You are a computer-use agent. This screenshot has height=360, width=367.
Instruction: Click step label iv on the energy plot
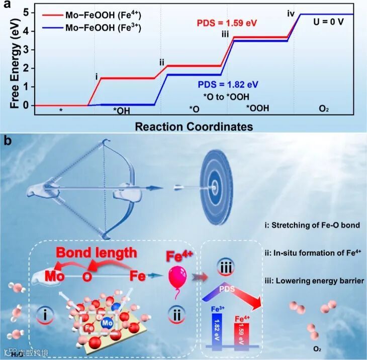pyautogui.click(x=291, y=14)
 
